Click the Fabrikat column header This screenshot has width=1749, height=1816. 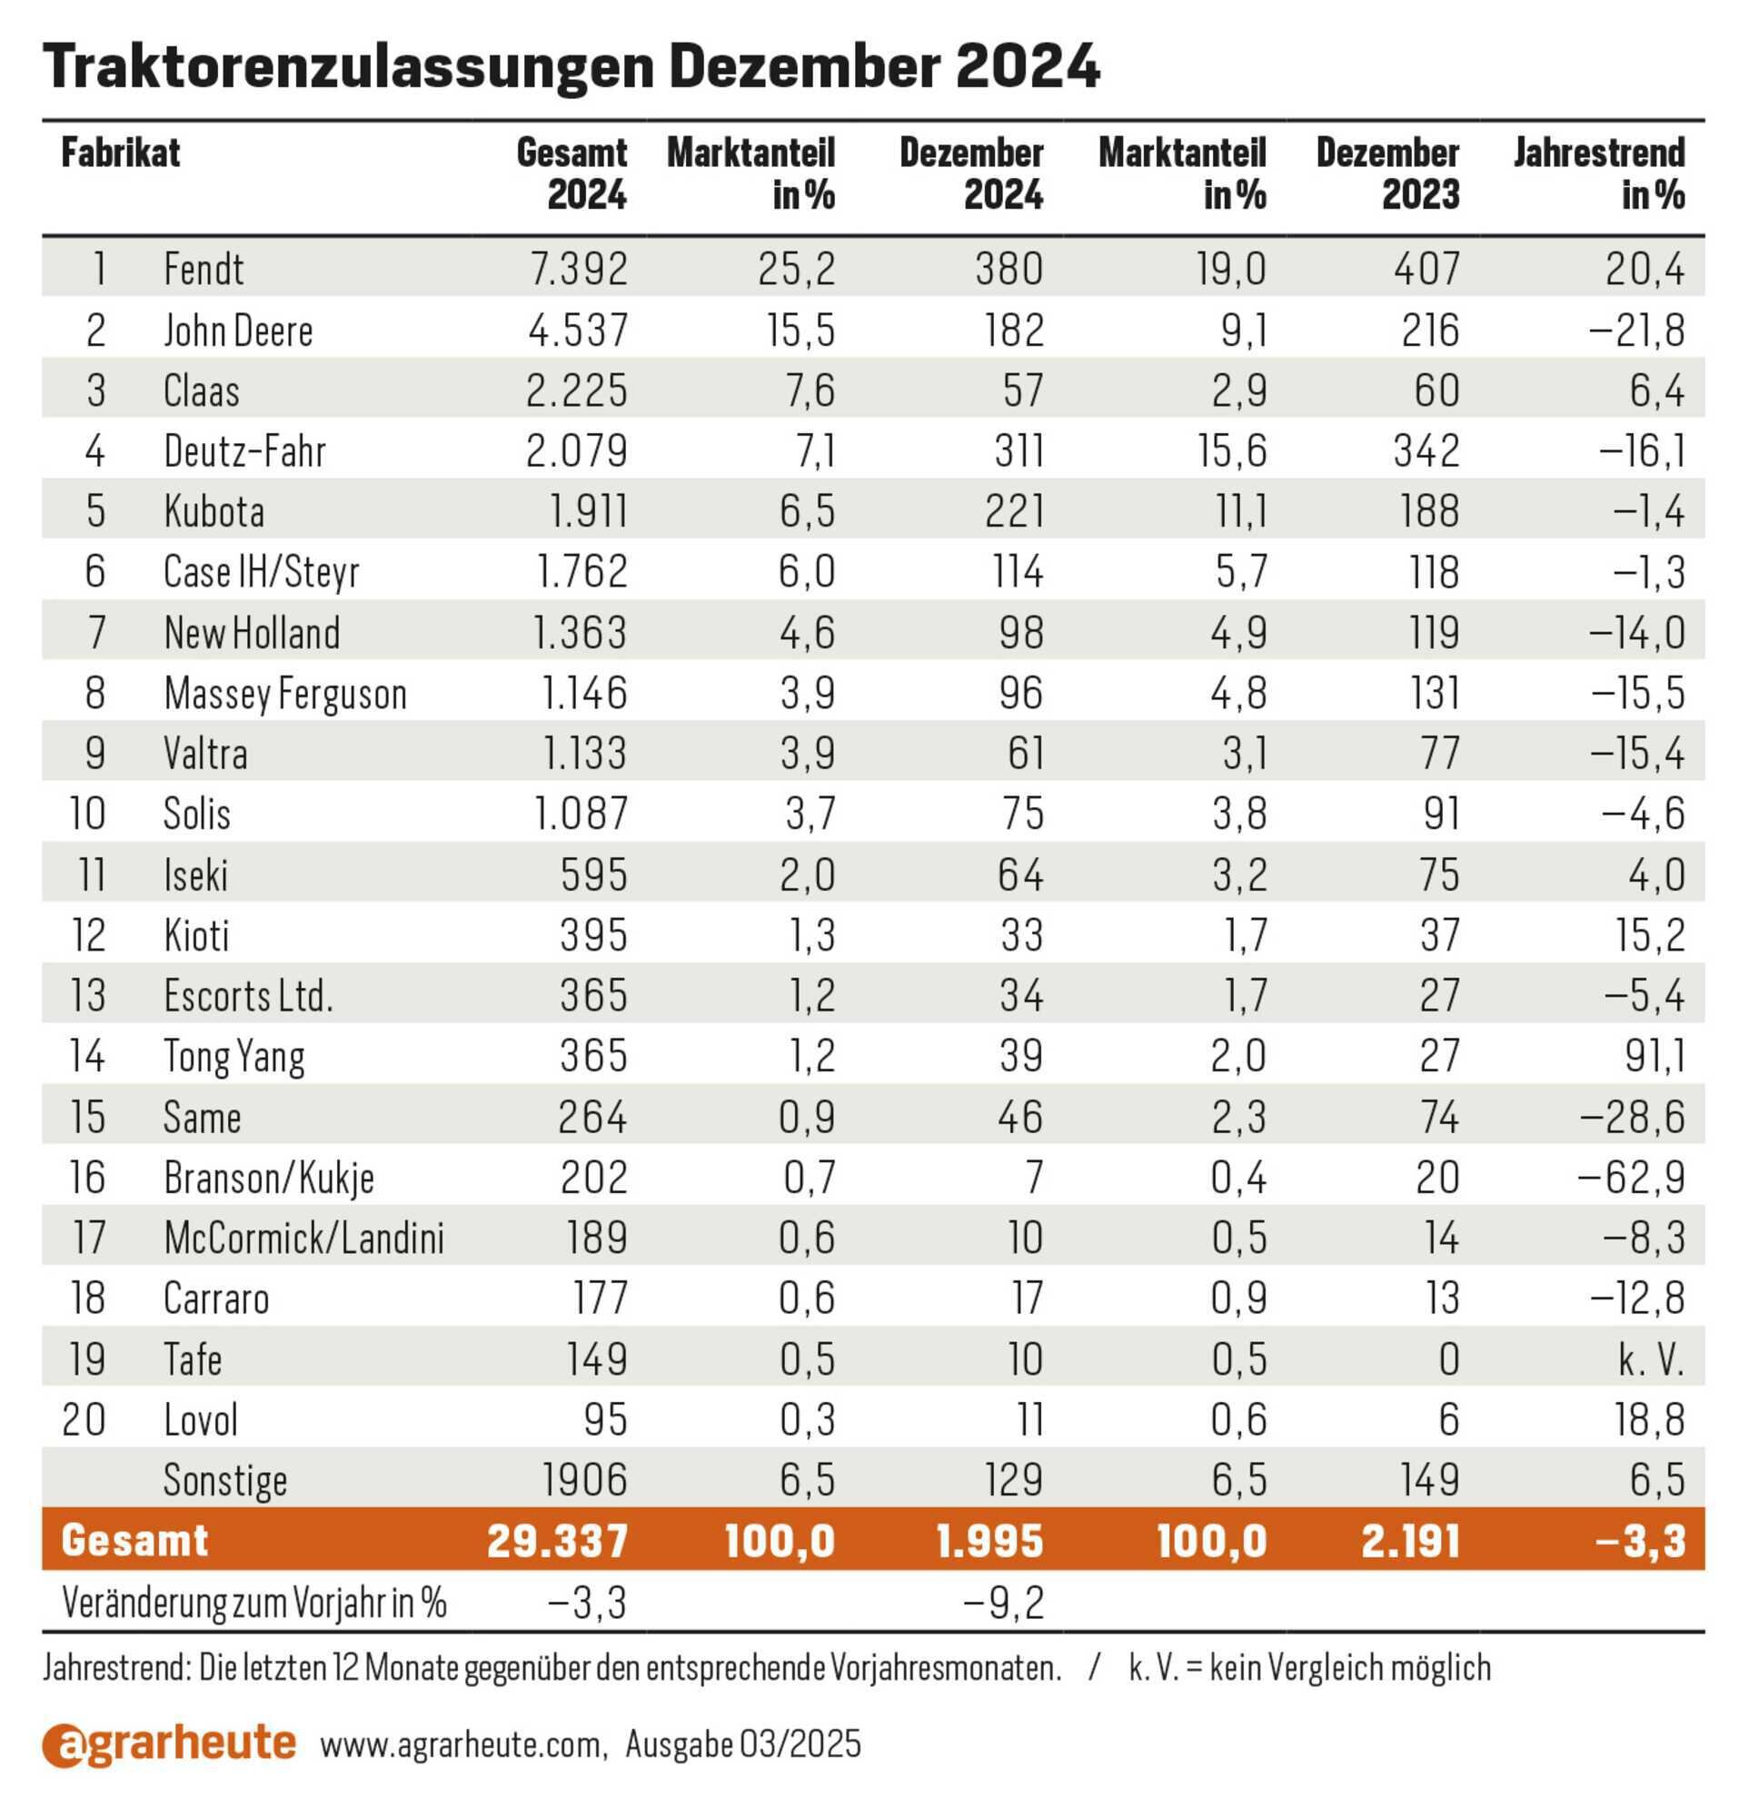[121, 153]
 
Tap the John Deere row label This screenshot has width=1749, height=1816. [238, 330]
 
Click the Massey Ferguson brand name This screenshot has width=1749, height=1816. [285, 694]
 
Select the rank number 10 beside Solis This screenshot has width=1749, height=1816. [87, 814]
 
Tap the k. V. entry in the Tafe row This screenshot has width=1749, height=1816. [1651, 1359]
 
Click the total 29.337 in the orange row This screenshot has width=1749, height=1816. [558, 1541]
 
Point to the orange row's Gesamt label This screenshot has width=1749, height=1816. [134, 1541]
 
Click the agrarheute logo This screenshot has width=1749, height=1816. [170, 1744]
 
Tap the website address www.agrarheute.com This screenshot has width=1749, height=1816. [463, 1745]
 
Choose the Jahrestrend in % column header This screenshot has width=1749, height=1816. [1599, 173]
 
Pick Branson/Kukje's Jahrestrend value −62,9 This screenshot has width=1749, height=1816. [1631, 1178]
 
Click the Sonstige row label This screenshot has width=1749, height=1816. [225, 1481]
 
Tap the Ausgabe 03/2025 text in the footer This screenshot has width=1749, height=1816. [743, 1745]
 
